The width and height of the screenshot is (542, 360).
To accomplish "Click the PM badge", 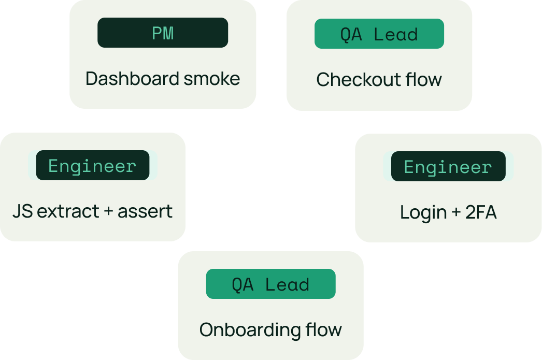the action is (163, 33).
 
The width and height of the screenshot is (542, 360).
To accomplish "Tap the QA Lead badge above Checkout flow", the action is (379, 34).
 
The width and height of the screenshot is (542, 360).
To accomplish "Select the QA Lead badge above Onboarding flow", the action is (270, 284).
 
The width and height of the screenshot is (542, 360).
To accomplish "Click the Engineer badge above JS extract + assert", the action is (93, 165).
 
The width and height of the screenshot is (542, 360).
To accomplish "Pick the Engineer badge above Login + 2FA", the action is (448, 166).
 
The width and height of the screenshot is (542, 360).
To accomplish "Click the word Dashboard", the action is (133, 78).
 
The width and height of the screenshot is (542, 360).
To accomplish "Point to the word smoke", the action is (211, 79).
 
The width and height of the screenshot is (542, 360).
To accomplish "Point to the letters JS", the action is (23, 211).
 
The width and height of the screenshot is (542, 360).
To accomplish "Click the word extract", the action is (68, 211).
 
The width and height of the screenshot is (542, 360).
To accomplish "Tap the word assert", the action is (145, 211).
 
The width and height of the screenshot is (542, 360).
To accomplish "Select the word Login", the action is (423, 213).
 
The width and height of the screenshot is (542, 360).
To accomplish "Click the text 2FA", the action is (481, 212).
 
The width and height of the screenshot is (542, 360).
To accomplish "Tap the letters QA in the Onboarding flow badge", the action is (243, 285).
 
